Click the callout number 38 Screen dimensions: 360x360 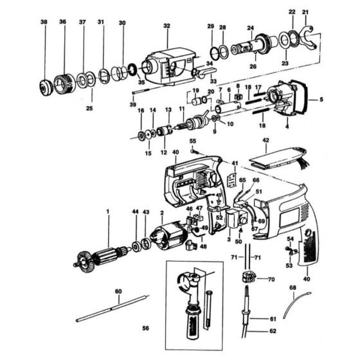point(44,22)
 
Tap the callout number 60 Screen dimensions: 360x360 point(118,292)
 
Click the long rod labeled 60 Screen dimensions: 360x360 point(113,309)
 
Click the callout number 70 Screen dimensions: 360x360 point(271,280)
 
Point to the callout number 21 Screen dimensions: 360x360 point(305,12)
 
